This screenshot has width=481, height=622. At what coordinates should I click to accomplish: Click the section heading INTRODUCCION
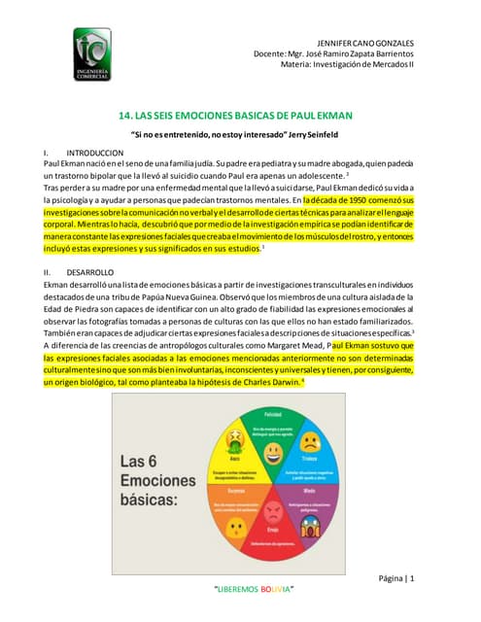click(94, 154)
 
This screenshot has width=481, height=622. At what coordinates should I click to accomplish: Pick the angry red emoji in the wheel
click(273, 509)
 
